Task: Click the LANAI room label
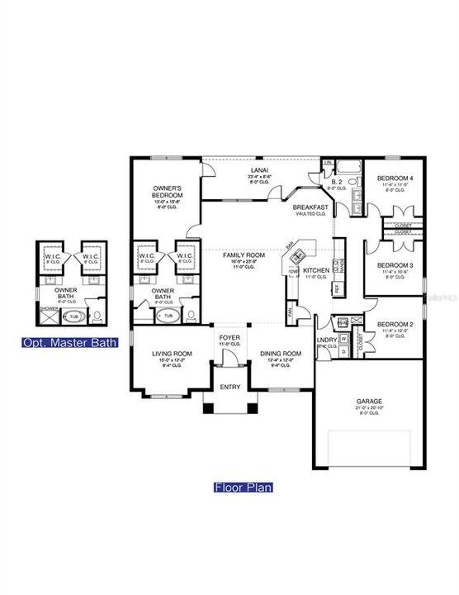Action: [258, 169]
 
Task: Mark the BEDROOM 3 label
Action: [395, 264]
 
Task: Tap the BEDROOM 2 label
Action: [395, 325]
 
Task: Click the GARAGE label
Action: [369, 401]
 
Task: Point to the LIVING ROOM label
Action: [172, 354]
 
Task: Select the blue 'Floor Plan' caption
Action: [244, 488]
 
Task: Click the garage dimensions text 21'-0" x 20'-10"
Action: [369, 408]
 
